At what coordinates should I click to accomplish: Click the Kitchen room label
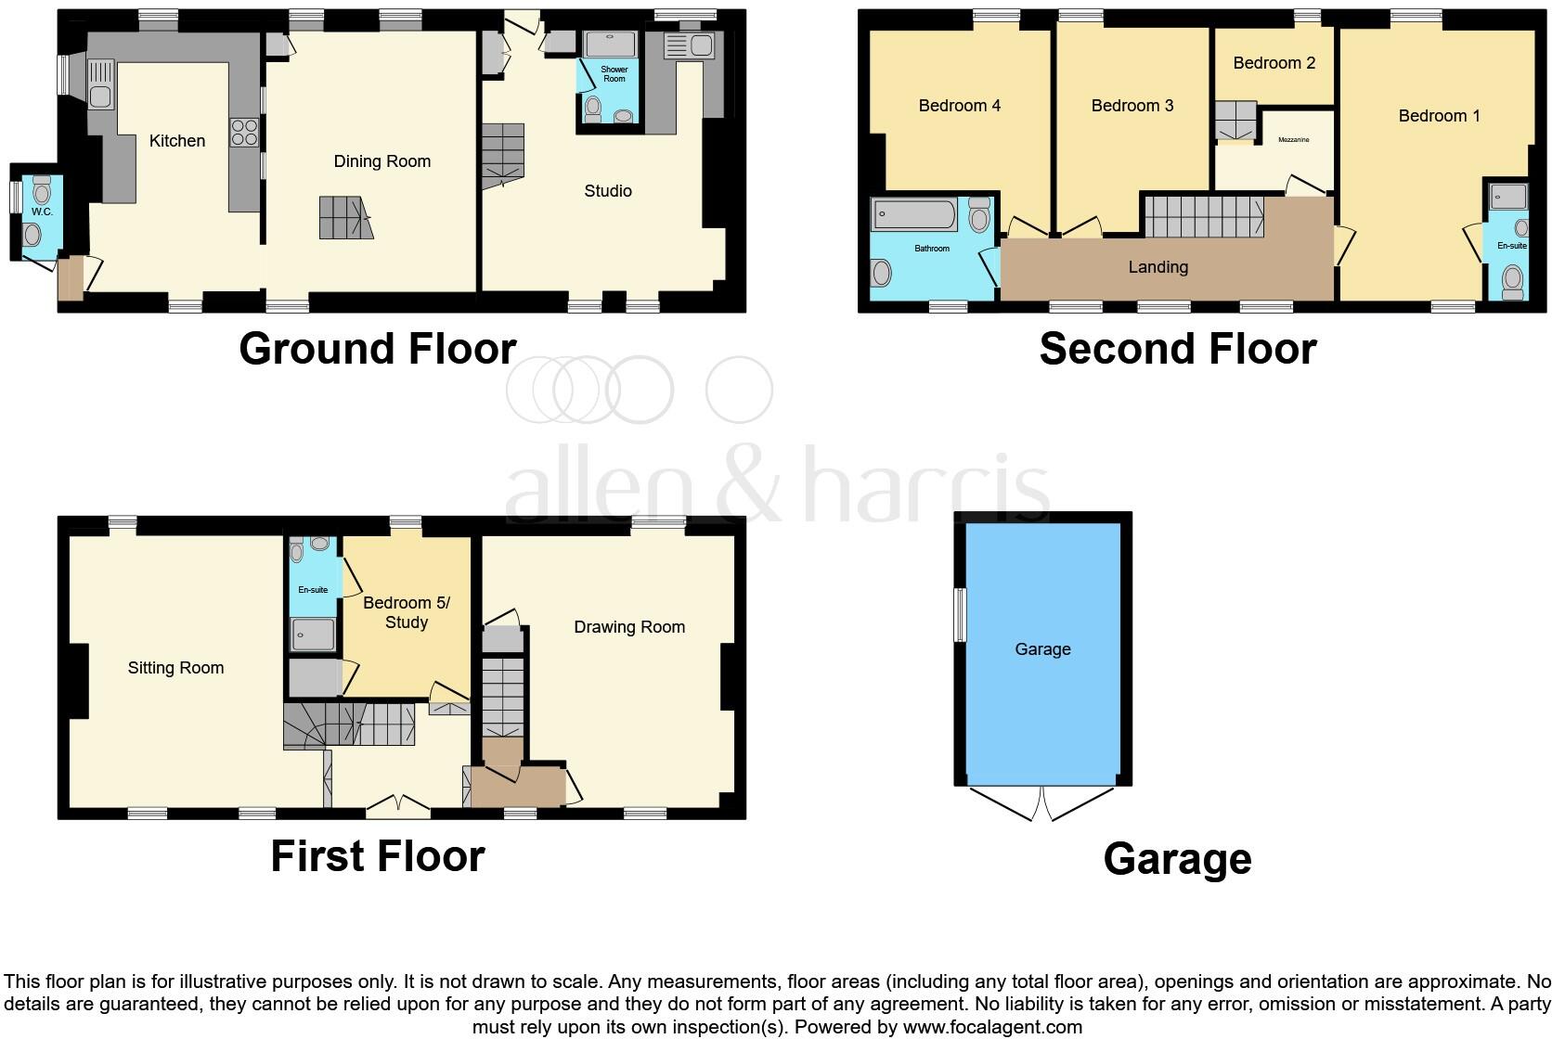tap(177, 141)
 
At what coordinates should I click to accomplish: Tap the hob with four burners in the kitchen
tap(244, 133)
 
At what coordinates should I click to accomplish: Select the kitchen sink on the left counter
tap(101, 83)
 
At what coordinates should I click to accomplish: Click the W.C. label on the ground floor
tap(42, 212)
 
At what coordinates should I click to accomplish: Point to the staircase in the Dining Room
tap(346, 218)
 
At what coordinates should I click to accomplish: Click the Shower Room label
tap(614, 74)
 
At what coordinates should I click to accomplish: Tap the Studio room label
tap(608, 191)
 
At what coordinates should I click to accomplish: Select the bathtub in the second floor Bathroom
tap(913, 215)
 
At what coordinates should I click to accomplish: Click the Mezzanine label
tap(1293, 140)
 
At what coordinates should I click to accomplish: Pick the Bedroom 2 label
tap(1274, 63)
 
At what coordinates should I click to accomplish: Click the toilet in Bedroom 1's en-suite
tap(1512, 281)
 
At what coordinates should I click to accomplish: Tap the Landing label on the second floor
tap(1158, 267)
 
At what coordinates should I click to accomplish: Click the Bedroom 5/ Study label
tap(406, 612)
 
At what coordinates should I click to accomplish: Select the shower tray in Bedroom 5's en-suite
tap(312, 635)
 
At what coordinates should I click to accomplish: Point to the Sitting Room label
tap(175, 668)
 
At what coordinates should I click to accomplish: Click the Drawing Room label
tap(628, 627)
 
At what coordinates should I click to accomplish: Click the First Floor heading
tap(377, 855)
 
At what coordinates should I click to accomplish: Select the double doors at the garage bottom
tap(1041, 802)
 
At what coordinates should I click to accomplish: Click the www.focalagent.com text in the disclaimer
tap(992, 1027)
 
